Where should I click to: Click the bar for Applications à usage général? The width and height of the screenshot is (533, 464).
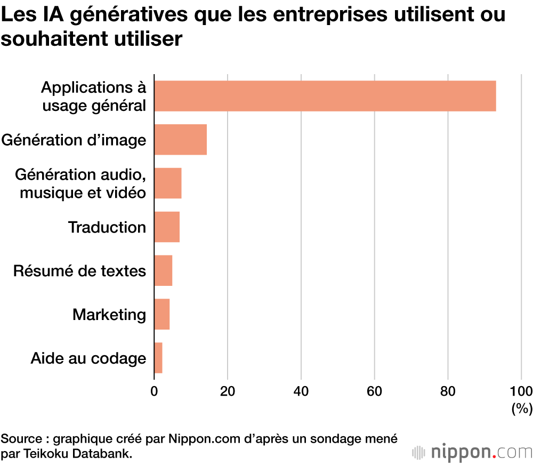[x=325, y=96]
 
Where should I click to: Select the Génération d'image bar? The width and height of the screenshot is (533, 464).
[x=180, y=140]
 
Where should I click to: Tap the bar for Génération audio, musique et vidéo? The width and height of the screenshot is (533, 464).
[x=168, y=183]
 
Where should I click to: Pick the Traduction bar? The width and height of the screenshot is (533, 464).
[x=167, y=227]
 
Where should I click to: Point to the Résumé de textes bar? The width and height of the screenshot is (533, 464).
[x=163, y=270]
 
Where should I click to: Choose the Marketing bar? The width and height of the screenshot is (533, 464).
[x=162, y=314]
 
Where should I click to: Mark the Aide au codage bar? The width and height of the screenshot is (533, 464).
[x=158, y=358]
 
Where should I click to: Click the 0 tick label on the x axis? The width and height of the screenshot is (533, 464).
[x=154, y=391]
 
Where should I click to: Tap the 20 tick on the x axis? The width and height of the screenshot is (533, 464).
[x=228, y=391]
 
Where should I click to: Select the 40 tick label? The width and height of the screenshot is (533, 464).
[x=301, y=391]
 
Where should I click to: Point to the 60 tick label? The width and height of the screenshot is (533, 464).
[x=375, y=391]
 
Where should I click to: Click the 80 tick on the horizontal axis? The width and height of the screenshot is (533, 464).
[x=448, y=391]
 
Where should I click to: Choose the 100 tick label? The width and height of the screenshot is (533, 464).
[x=521, y=391]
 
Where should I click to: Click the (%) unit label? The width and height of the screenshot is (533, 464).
[x=522, y=409]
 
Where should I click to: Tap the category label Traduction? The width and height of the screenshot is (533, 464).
[x=107, y=228]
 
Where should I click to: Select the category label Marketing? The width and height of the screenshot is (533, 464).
[x=109, y=315]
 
